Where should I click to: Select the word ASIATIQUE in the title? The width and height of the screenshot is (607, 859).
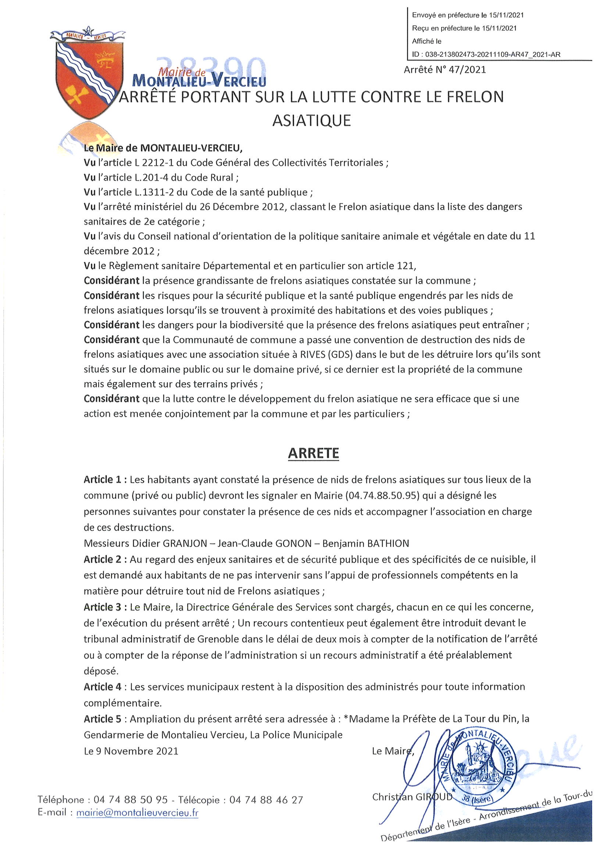pyautogui.click(x=311, y=121)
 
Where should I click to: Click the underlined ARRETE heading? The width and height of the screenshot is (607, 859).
pyautogui.click(x=313, y=453)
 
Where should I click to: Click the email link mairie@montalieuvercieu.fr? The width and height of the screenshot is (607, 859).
pyautogui.click(x=137, y=813)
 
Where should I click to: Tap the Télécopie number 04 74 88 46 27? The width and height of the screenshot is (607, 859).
pyautogui.click(x=266, y=800)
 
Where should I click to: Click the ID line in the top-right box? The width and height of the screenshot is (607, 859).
pyautogui.click(x=486, y=54)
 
